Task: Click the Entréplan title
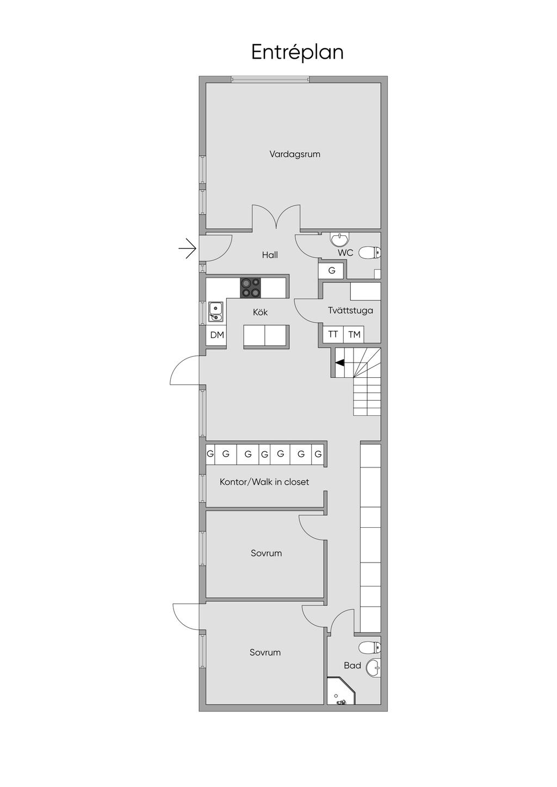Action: click(297, 53)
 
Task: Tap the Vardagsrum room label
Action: click(295, 154)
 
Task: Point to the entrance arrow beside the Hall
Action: click(187, 249)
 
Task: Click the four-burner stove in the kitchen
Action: click(251, 288)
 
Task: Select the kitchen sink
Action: click(215, 311)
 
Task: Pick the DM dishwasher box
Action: click(216, 335)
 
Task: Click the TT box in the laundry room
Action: click(333, 334)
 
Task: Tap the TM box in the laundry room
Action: click(354, 334)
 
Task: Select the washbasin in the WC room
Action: click(339, 239)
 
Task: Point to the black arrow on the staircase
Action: click(339, 363)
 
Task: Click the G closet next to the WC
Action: click(332, 271)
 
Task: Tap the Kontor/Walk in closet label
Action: click(264, 482)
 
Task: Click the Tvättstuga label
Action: click(350, 310)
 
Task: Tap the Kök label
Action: click(260, 312)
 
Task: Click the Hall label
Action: click(270, 255)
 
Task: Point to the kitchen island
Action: click(266, 336)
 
